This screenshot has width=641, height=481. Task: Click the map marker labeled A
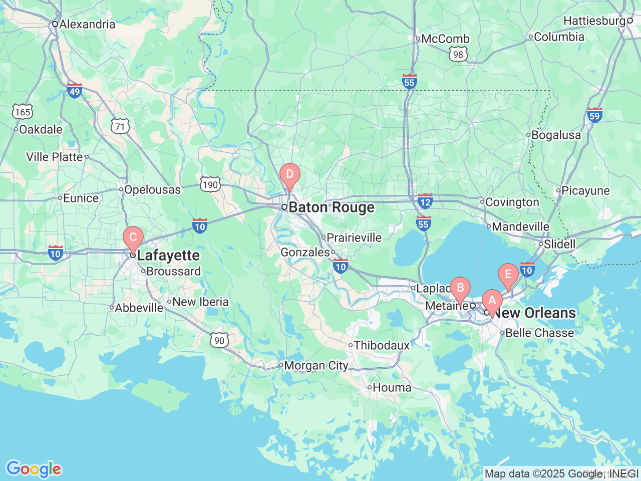click(492, 301)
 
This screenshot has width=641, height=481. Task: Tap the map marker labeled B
click(460, 289)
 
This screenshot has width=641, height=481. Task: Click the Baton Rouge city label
click(331, 207)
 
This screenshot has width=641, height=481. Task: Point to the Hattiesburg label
click(594, 21)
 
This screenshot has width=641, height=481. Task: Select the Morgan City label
click(315, 366)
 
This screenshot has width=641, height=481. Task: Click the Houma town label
click(392, 387)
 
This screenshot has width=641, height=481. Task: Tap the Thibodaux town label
click(381, 345)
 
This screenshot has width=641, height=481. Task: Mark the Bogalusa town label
click(556, 135)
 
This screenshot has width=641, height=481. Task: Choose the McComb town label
click(445, 39)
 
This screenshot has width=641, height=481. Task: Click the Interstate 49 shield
click(75, 91)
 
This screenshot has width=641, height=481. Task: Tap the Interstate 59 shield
click(594, 115)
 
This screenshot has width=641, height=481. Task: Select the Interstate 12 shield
click(425, 201)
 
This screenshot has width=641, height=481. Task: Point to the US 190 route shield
click(210, 184)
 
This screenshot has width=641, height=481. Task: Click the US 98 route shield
click(458, 54)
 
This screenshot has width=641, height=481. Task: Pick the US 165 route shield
click(23, 111)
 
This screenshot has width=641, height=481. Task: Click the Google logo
click(33, 469)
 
